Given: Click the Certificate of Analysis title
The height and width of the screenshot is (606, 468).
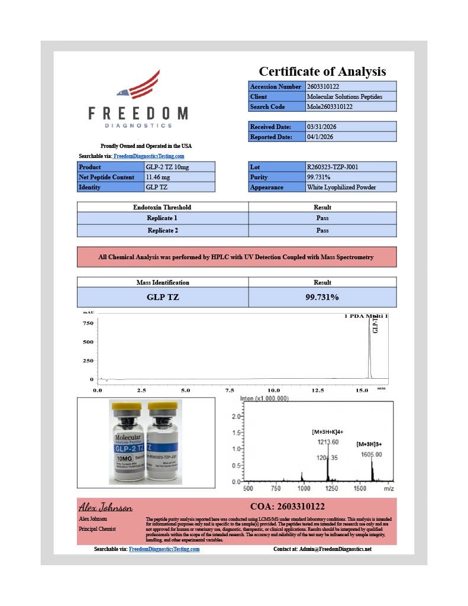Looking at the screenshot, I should click(322, 72).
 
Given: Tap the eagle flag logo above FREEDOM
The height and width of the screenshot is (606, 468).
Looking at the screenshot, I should click(138, 86).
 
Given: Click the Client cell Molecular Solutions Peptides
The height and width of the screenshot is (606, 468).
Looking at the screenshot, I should click(344, 96).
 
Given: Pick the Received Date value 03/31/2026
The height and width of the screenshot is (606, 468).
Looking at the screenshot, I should click(321, 127).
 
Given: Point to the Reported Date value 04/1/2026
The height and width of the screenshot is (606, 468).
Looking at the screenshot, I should click(320, 137).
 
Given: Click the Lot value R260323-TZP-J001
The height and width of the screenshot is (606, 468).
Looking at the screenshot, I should click(332, 167).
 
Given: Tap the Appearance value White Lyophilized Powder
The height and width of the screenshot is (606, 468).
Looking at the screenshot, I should click(341, 187).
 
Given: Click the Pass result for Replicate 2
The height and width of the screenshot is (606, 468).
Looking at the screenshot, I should click(322, 230).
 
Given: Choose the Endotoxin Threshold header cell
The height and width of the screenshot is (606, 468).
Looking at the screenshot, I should click(162, 207).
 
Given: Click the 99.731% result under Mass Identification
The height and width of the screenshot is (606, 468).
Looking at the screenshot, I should click(322, 297).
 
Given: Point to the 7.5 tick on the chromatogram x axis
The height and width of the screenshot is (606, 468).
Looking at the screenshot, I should click(230, 391).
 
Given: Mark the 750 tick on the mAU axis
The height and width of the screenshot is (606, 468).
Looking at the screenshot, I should click(88, 323).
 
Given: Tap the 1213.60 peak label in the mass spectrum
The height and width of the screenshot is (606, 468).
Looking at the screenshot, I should click(328, 442).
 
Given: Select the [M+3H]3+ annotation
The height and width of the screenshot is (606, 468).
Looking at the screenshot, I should click(370, 444).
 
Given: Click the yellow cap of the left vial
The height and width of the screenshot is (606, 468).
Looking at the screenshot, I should click(126, 407).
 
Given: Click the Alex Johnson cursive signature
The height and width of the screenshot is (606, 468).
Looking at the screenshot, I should click(106, 508).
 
